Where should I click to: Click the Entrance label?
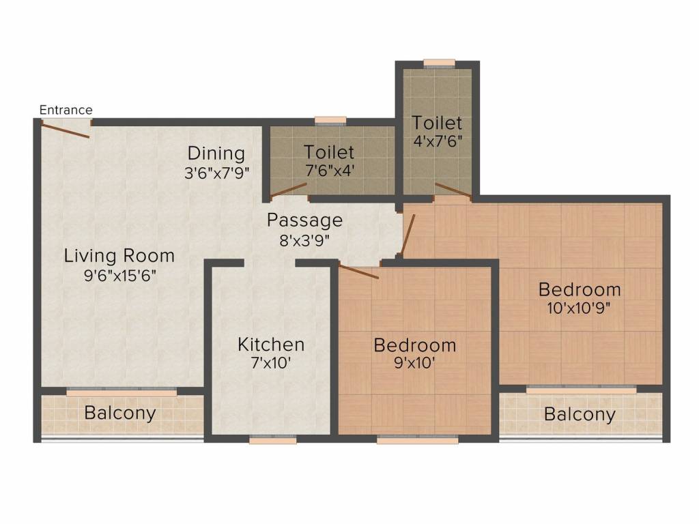[66, 110]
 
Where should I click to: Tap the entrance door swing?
[66, 130]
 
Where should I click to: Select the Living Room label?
[119, 256]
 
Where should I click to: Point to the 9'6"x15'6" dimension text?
[119, 277]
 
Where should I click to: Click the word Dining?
[216, 153]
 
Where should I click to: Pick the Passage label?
[304, 220]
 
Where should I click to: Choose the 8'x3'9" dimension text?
[304, 239]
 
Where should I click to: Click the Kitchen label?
[271, 344]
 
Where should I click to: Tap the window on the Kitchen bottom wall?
[272, 441]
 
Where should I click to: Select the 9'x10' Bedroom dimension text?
[414, 364]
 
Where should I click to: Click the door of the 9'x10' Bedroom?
[358, 272]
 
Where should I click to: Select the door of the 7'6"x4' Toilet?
[288, 190]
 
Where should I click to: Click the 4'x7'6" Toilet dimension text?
[437, 143]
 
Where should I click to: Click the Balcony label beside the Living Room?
[120, 413]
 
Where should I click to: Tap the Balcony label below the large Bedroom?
[580, 414]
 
